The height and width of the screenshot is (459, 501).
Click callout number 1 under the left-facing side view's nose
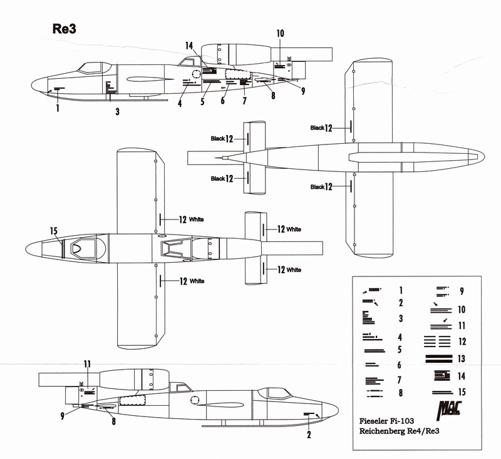point(57,108)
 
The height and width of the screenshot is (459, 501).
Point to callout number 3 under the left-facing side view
point(117,112)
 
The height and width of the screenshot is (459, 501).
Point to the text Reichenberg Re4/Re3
point(400,431)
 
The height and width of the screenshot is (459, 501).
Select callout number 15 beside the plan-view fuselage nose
point(54,231)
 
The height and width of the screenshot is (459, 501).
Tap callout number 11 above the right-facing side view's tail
point(87,363)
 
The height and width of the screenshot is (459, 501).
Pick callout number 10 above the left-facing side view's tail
point(280,33)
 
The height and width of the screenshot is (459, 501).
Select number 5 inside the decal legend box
point(400,348)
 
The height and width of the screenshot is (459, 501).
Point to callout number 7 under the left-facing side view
point(244,100)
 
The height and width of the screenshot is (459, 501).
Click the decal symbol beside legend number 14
point(441,376)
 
